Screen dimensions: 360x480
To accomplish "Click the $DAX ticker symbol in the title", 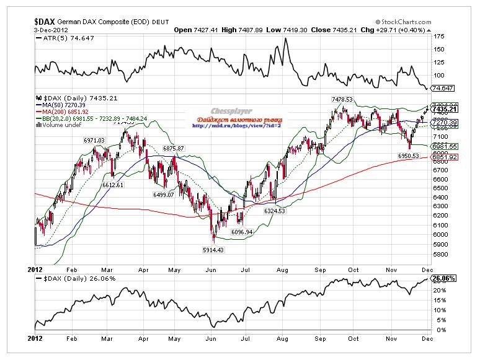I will pyautogui.click(x=44, y=20).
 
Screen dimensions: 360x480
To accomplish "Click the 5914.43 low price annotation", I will pyautogui.click(x=215, y=249).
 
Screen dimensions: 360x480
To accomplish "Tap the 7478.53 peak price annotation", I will pyautogui.click(x=341, y=99).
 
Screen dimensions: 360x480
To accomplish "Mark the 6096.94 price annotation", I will pyautogui.click(x=242, y=232).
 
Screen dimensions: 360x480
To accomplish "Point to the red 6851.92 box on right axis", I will pyautogui.click(x=444, y=157).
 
